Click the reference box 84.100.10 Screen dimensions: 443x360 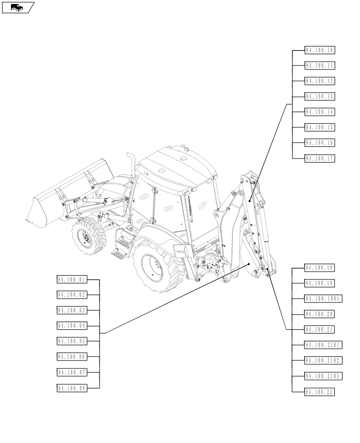click(x=320, y=50)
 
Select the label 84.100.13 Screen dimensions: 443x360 click(x=320, y=97)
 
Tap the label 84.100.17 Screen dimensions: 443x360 click(x=320, y=159)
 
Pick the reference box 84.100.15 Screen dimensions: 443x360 click(x=320, y=128)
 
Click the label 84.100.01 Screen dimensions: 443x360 click(x=72, y=280)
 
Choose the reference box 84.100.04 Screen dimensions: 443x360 click(x=72, y=326)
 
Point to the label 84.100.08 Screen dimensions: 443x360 click(x=72, y=388)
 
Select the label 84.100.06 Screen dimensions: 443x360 click(x=72, y=357)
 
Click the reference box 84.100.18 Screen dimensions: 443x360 click(x=320, y=268)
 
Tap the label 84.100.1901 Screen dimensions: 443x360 click(x=322, y=299)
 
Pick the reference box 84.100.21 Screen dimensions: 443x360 click(x=320, y=330)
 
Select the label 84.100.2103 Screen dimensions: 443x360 click(x=322, y=376)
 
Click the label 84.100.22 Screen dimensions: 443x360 click(x=320, y=392)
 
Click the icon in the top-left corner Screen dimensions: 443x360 click(x=18, y=7)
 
